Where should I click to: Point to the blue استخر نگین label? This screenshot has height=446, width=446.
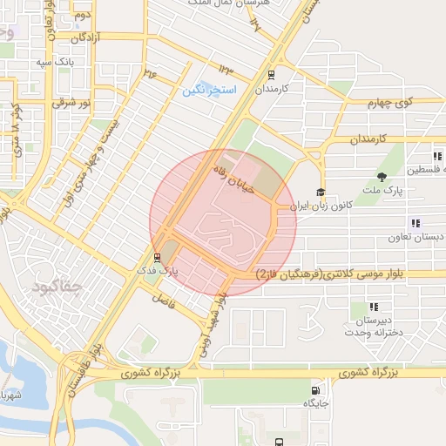[x=206, y=91]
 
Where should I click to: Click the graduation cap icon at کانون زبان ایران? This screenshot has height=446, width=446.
[x=321, y=193]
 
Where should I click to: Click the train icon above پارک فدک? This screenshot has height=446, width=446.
[x=157, y=258]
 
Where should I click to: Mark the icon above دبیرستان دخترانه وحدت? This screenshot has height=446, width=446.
[x=374, y=307]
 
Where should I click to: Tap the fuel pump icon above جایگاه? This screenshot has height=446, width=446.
[x=314, y=390]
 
